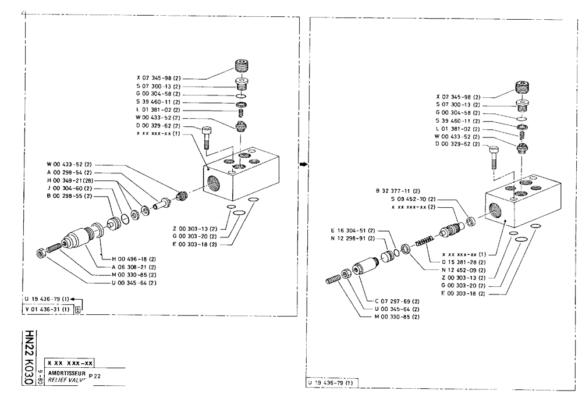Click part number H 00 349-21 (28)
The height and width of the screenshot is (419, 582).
(72, 181)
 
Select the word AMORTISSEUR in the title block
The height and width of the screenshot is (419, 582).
(67, 372)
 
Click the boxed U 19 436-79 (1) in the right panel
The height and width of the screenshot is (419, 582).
(332, 383)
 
